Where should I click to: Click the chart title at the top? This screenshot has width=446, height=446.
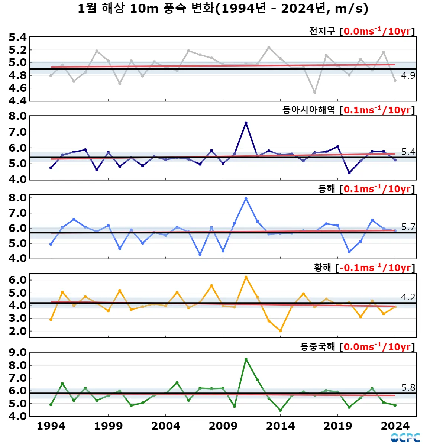pos(223,8)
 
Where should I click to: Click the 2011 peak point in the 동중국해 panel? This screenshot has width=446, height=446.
pos(246,359)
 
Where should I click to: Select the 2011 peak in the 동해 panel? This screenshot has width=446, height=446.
pos(246,198)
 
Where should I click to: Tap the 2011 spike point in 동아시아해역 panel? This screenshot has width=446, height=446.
pos(246,123)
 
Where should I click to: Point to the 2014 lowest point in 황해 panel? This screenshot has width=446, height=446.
pos(280,331)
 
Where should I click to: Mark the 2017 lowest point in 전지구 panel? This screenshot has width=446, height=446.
pos(315,92)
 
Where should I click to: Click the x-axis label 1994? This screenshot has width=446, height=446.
pos(51,426)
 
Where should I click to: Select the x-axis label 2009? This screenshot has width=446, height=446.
pos(223,426)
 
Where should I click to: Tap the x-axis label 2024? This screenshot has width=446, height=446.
pos(395,426)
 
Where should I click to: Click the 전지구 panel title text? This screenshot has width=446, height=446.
pos(322,31)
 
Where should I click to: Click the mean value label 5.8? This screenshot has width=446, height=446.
pos(408,387)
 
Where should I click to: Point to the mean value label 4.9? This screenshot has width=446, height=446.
pos(408,76)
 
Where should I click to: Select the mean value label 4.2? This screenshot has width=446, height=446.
pos(408,297)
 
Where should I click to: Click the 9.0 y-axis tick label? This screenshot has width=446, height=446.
pos(17,352)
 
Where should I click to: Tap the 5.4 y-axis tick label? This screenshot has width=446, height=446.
pos(17,37)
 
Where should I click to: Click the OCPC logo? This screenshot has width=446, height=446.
pos(405,438)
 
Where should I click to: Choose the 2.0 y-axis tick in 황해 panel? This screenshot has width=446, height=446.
pos(17,331)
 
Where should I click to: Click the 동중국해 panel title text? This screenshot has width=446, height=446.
pos(318,347)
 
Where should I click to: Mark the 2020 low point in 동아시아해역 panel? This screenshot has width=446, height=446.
pos(349,173)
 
